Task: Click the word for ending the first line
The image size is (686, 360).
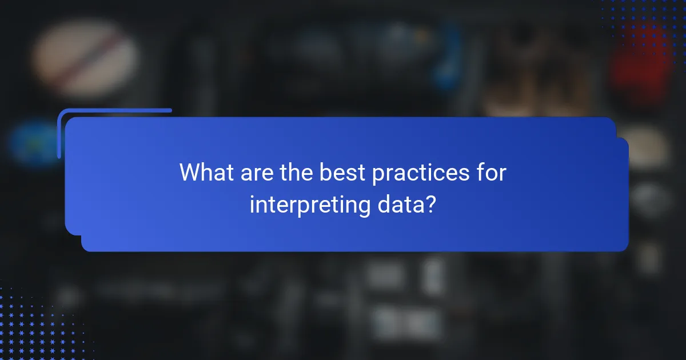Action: tap(492, 173)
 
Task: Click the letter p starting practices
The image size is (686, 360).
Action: tap(377, 175)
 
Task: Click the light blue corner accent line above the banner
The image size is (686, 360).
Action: tap(114, 110)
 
